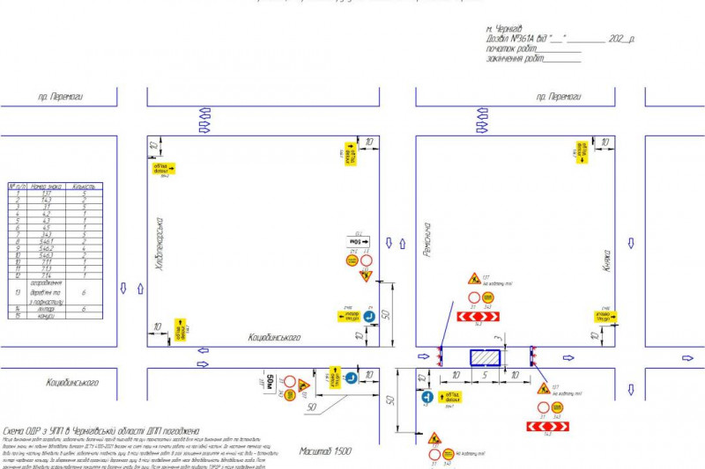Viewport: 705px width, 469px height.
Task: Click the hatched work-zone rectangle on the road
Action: click(x=485, y=356)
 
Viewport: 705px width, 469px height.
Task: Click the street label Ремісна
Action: click(x=427, y=238)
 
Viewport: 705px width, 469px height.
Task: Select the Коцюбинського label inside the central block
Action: click(x=275, y=337)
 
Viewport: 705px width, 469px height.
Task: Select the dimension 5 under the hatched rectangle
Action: click(x=485, y=374)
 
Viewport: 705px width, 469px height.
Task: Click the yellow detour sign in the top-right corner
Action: click(x=582, y=150)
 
